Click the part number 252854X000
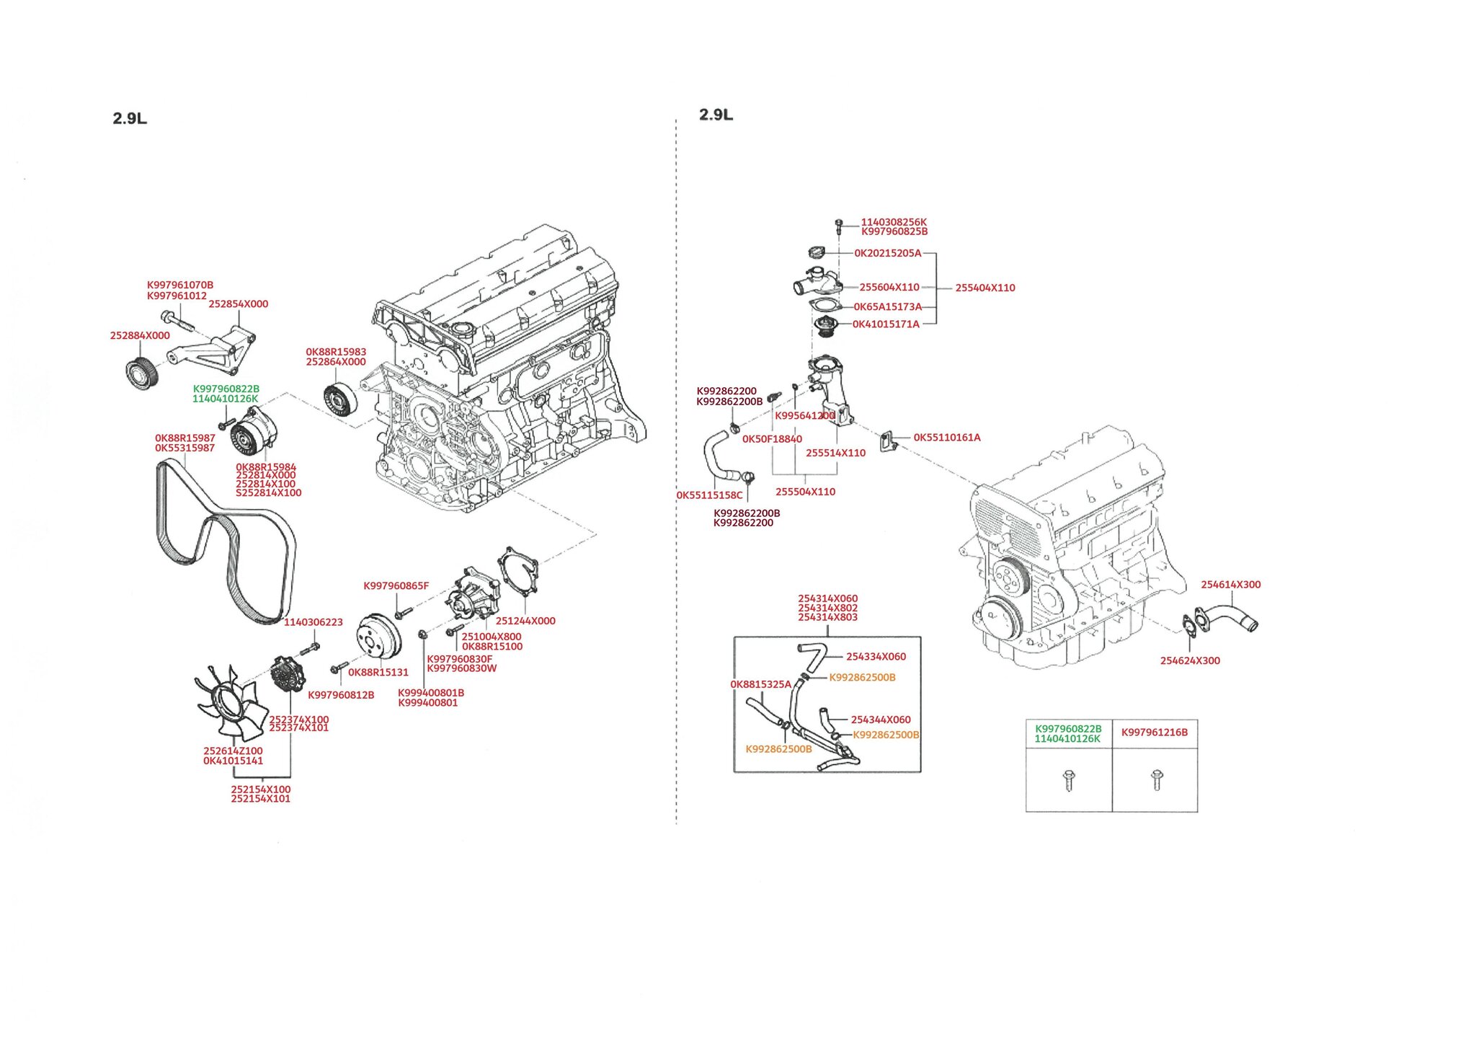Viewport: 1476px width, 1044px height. (238, 304)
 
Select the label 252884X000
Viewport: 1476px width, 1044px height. (140, 336)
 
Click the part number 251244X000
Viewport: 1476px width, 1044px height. (525, 621)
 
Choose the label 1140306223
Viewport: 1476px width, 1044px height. (314, 622)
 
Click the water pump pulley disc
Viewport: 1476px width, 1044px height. (379, 637)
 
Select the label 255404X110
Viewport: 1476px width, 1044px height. (984, 288)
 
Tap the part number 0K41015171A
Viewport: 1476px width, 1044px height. (886, 324)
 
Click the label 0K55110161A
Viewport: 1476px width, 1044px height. (946, 438)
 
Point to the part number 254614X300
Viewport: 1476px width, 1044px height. (1230, 585)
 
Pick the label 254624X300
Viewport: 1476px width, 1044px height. (1190, 661)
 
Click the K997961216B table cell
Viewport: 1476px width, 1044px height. (1155, 733)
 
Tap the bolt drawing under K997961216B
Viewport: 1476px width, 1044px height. (1156, 779)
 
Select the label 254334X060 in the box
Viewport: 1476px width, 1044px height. (876, 657)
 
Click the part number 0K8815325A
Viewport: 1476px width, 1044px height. (760, 685)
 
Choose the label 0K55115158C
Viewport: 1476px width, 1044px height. (709, 496)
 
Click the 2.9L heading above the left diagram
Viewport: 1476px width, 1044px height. (130, 119)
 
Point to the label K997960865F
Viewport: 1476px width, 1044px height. (396, 586)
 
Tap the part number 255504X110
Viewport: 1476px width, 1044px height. (805, 492)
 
